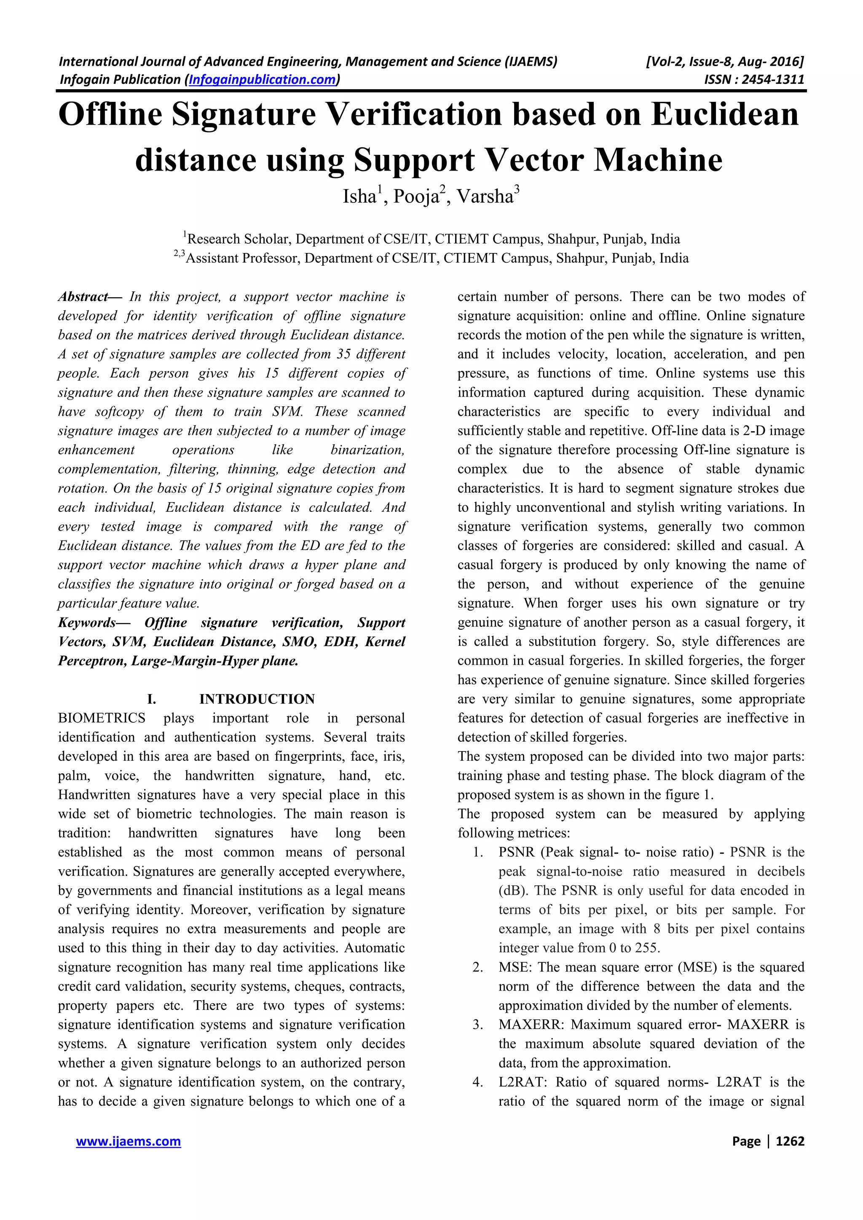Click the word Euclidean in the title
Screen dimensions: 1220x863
[x=725, y=114]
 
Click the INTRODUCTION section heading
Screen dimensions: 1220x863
[x=257, y=699]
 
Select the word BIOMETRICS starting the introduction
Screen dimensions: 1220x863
[x=102, y=718]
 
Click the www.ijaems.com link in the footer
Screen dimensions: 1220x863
[x=128, y=1141]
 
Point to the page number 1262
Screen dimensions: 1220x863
[x=790, y=1141]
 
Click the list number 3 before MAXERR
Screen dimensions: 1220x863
[x=477, y=1025]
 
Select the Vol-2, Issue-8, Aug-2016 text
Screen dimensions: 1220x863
[x=724, y=61]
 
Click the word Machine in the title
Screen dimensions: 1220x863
[x=658, y=160]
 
